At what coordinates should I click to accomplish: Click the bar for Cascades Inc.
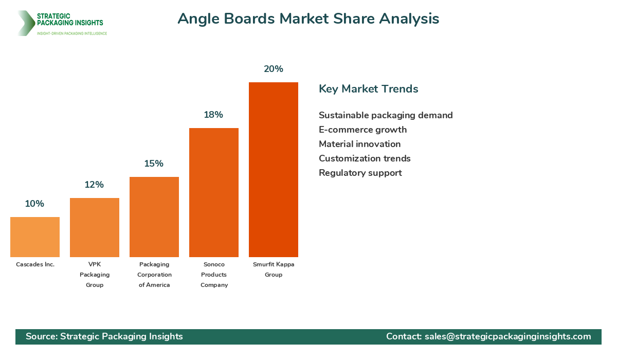[35, 237]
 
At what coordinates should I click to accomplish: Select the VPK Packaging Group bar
[95, 227]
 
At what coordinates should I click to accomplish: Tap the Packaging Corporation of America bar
[154, 217]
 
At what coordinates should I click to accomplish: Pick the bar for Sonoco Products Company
[214, 192]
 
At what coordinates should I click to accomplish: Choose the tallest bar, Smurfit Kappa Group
[274, 170]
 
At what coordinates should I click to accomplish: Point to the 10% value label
[34, 204]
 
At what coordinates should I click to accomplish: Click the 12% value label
[94, 185]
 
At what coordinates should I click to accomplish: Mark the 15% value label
[154, 164]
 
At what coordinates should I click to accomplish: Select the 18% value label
[213, 115]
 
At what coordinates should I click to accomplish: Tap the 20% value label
[274, 69]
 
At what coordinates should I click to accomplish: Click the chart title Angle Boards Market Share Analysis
[308, 19]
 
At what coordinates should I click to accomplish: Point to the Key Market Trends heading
[369, 89]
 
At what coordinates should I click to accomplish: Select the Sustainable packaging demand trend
[386, 115]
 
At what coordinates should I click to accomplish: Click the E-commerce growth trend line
[362, 130]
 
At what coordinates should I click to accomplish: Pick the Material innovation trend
[359, 144]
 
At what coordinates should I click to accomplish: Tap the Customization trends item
[365, 158]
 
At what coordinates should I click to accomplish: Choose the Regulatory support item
[360, 173]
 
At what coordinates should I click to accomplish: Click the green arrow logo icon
[25, 23]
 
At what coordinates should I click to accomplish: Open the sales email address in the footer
[507, 336]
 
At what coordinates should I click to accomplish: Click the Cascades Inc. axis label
[35, 264]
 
